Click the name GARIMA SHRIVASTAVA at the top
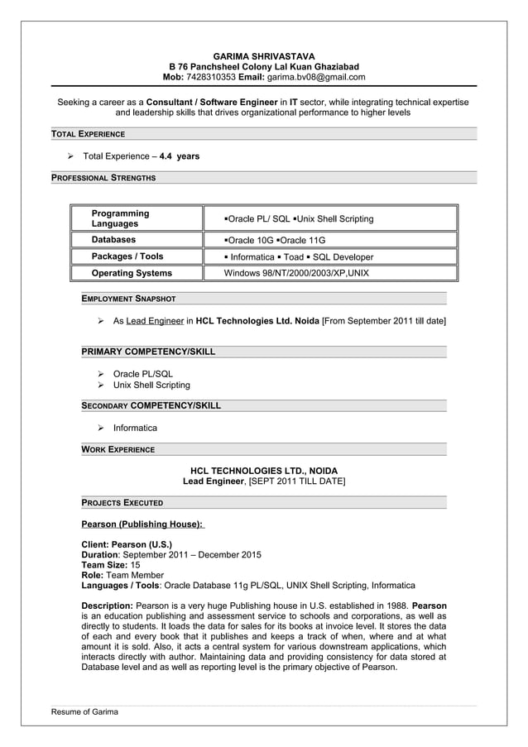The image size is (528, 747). pyautogui.click(x=264, y=55)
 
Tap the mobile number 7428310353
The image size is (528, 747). pyautogui.click(x=212, y=77)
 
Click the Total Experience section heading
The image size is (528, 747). pyautogui.click(x=88, y=134)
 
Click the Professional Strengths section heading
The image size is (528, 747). pyautogui.click(x=103, y=177)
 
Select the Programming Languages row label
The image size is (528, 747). pyautogui.click(x=121, y=218)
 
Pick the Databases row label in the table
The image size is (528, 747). pyautogui.click(x=113, y=240)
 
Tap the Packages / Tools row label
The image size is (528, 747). pyautogui.click(x=127, y=256)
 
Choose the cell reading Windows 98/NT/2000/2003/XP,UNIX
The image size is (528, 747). pyautogui.click(x=296, y=273)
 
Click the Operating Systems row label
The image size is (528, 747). pyautogui.click(x=132, y=273)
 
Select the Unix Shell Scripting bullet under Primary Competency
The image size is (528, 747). pyautogui.click(x=151, y=385)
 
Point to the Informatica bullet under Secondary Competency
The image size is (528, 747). pyautogui.click(x=135, y=428)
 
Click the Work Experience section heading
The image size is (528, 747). pyautogui.click(x=118, y=449)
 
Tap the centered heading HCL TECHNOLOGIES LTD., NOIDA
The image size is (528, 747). pyautogui.click(x=264, y=470)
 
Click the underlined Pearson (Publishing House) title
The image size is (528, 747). pyautogui.click(x=142, y=524)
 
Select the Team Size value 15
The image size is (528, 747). pyautogui.click(x=136, y=564)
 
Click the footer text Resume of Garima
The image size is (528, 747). pyautogui.click(x=84, y=711)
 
